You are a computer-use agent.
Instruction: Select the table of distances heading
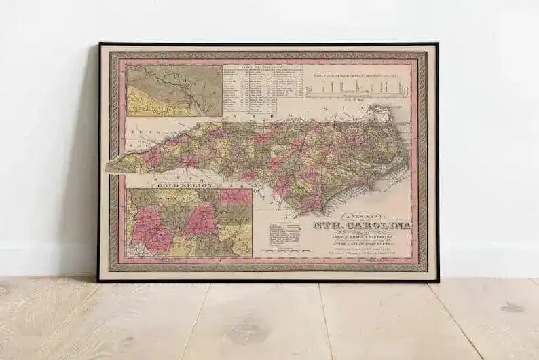click(x=263, y=67)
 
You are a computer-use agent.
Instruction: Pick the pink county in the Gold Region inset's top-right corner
click(x=236, y=197)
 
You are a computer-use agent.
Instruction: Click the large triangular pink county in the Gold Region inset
click(x=202, y=222)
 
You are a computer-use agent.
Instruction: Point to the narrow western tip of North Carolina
click(x=112, y=164)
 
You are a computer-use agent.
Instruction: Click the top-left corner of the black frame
click(x=100, y=44)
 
